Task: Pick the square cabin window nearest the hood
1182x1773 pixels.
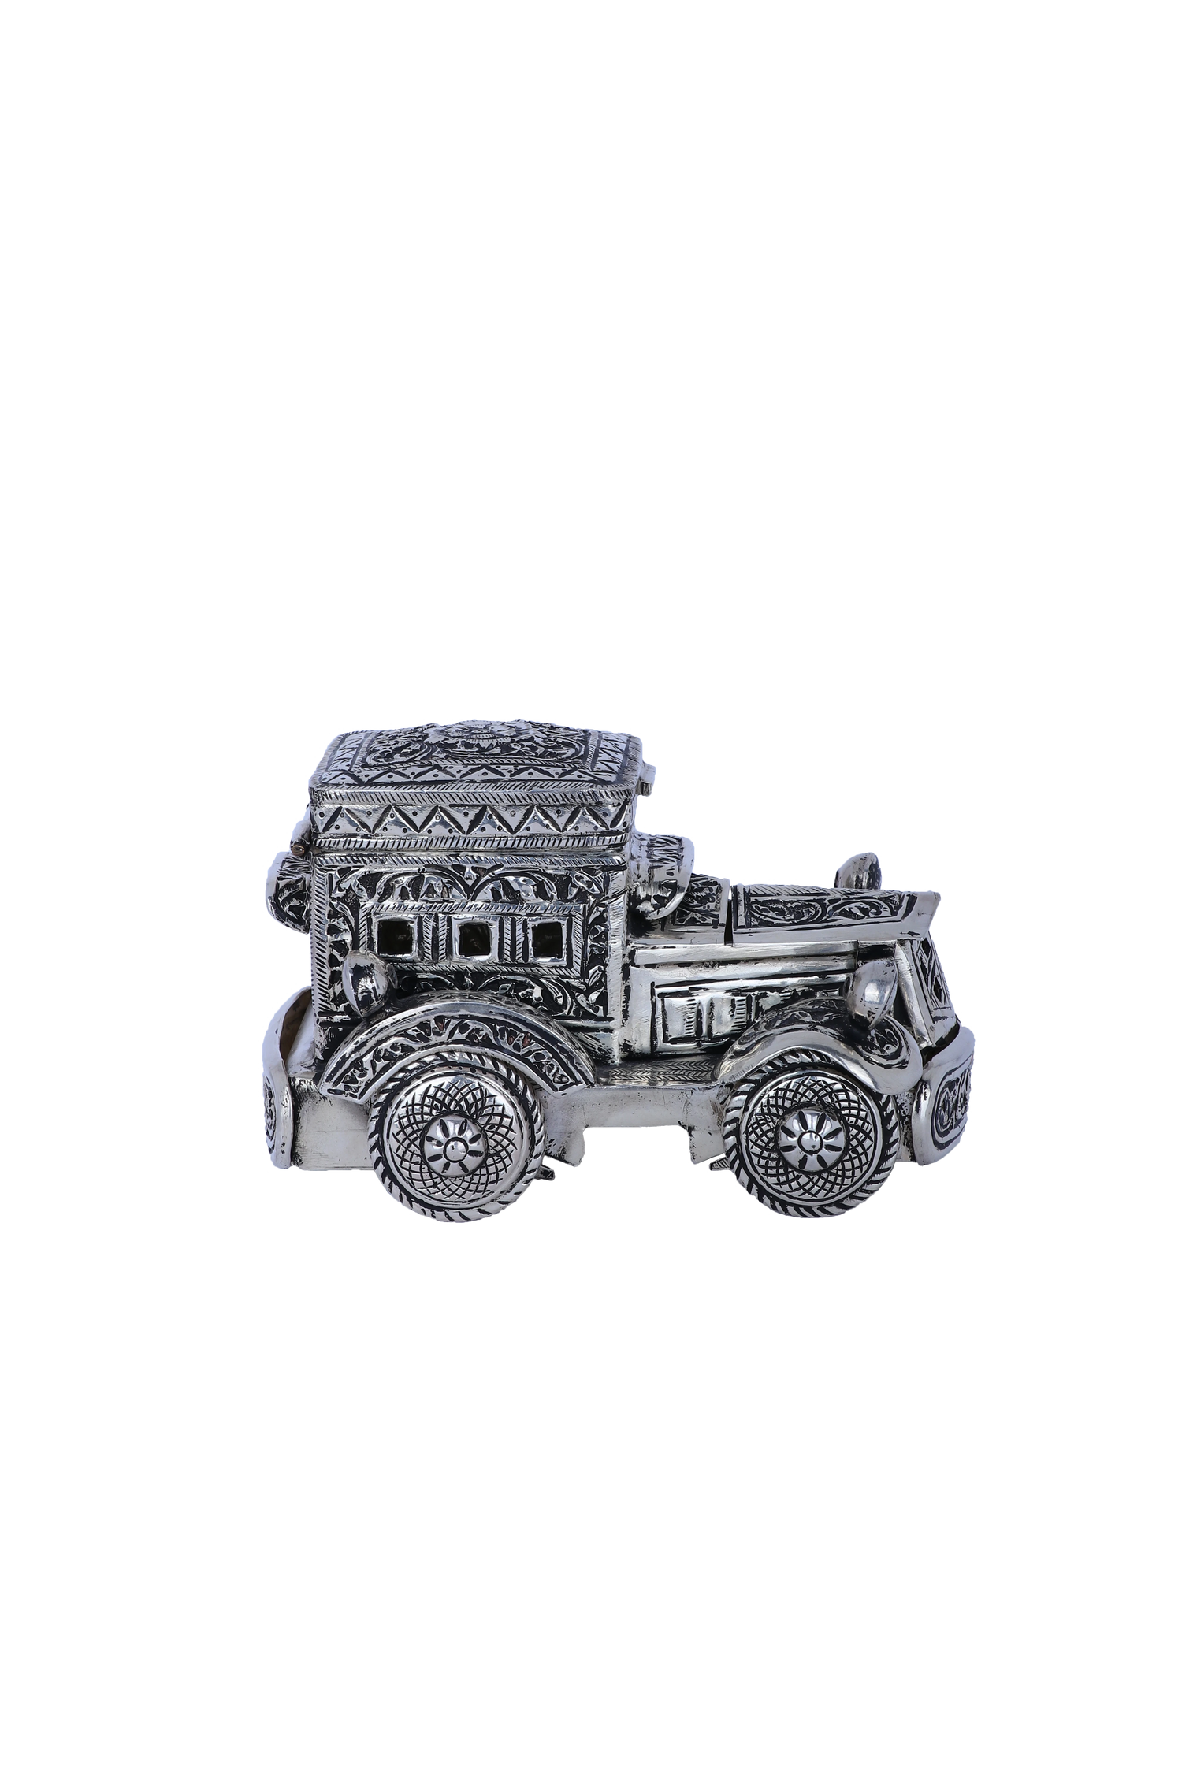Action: pos(543,939)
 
